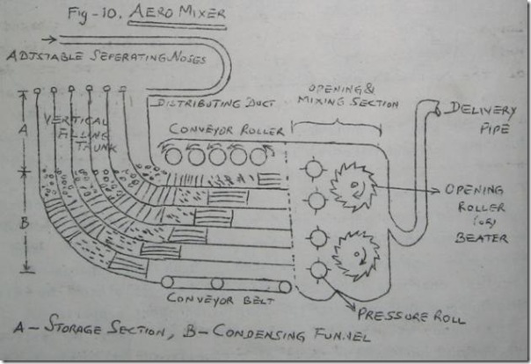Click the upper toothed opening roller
[353, 186]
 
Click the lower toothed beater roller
[358, 254]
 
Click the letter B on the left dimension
[25, 222]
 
